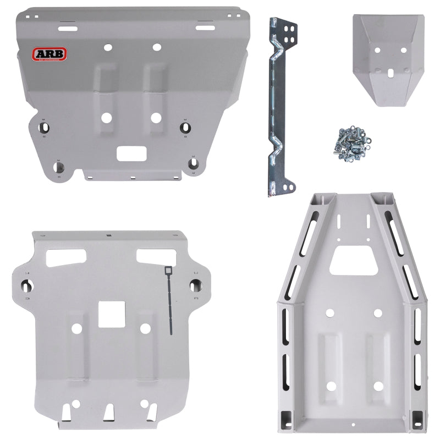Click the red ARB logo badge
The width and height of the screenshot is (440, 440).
tap(50, 54)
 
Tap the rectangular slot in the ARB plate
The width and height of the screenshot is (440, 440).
tap(130, 153)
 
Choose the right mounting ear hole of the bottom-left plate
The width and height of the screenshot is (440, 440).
tap(195, 284)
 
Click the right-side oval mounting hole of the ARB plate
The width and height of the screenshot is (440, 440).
tap(185, 127)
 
